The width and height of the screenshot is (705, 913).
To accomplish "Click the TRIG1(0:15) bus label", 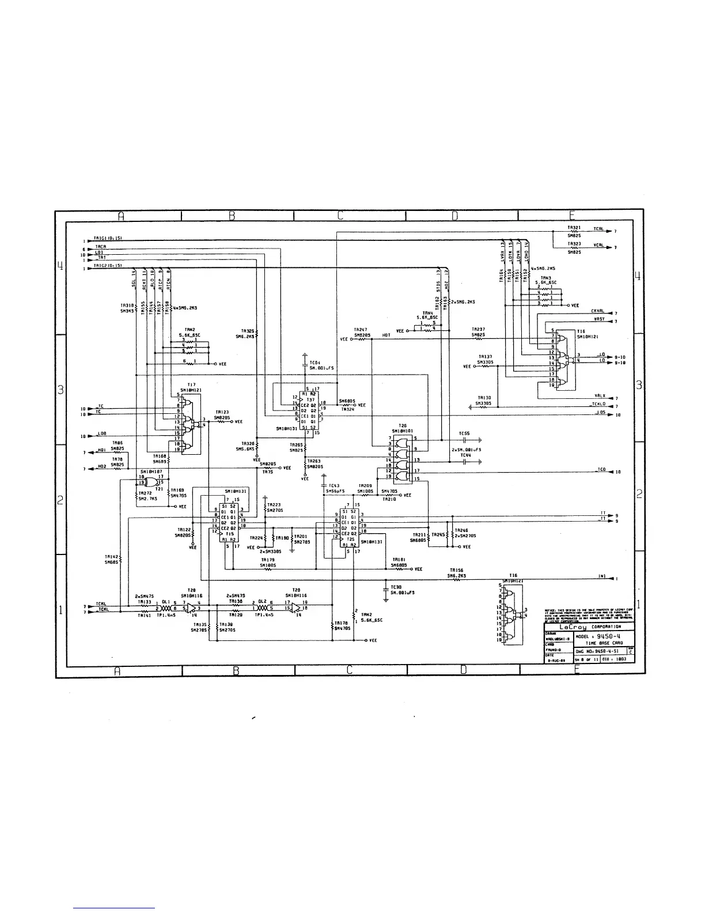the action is pos(107,238).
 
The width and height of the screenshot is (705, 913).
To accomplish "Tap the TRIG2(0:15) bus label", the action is pos(107,265).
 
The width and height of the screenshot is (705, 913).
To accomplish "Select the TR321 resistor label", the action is pos(573,228).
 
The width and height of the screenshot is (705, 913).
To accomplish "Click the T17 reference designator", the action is pos(191,384).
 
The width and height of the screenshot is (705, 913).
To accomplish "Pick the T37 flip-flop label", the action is pos(310,399).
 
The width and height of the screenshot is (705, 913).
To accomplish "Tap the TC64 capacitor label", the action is pos(314,363).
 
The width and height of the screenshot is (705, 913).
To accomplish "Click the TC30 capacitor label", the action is pos(396,587).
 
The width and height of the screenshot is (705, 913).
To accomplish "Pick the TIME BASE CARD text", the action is pos(604,643).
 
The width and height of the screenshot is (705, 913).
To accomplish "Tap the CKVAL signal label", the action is pos(597,311).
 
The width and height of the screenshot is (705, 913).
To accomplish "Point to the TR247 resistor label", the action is pos(361,330).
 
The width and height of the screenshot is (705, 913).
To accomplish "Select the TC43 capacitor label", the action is pos(333,485).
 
